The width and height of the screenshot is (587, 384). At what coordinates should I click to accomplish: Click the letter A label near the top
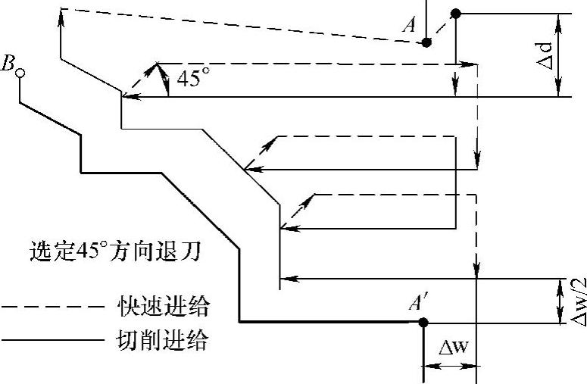pyautogui.click(x=410, y=25)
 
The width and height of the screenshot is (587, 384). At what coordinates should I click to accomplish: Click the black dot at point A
pyautogui.click(x=427, y=42)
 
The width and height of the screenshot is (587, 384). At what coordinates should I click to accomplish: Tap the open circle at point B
pyautogui.click(x=22, y=73)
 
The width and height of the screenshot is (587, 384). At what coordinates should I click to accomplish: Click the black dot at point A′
pyautogui.click(x=423, y=323)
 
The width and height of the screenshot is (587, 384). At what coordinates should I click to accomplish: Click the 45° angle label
pyautogui.click(x=190, y=79)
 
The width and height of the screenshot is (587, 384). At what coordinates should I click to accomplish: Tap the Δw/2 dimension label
pyautogui.click(x=577, y=301)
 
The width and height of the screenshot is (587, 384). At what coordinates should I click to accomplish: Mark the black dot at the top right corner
pyautogui.click(x=456, y=13)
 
